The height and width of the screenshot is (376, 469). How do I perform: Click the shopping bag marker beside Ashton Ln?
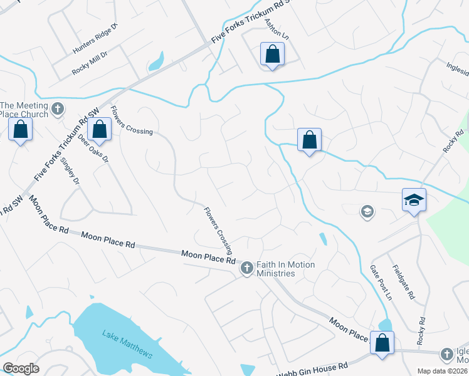(x=273, y=54)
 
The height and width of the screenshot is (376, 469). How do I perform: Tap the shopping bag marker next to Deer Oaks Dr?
(x=100, y=130)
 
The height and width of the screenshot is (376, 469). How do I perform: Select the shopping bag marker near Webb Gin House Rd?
(x=381, y=343)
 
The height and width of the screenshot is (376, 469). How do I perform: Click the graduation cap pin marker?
(x=414, y=201)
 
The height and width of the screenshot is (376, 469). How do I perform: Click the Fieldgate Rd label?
(x=404, y=281)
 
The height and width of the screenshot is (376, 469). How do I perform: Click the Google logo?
(x=21, y=368)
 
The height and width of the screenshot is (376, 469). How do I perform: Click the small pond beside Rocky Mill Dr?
(x=155, y=61)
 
